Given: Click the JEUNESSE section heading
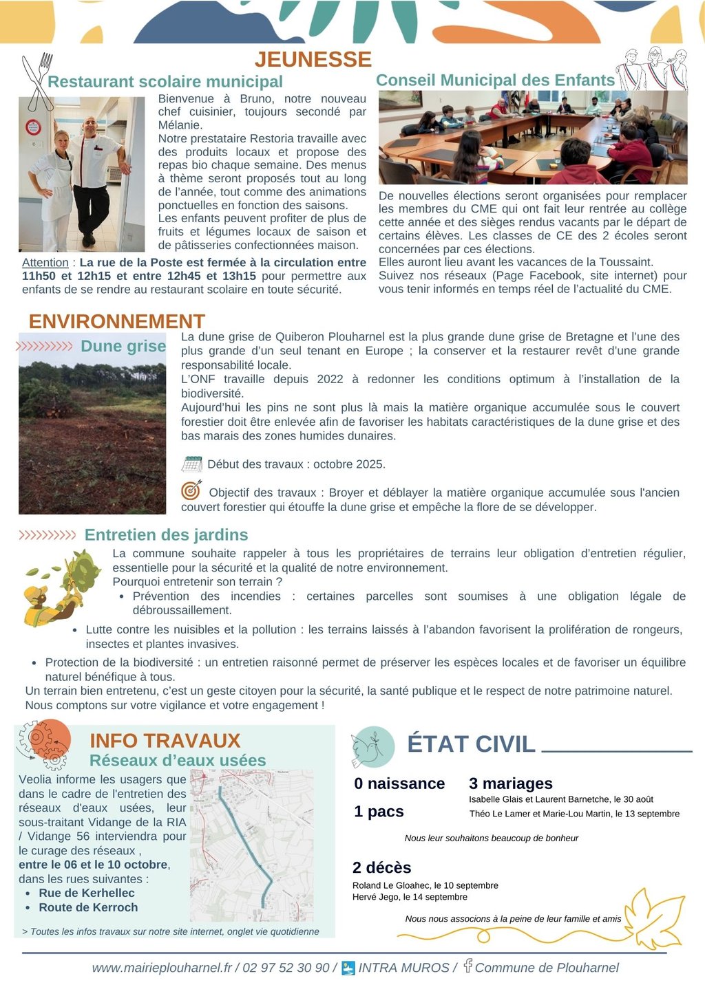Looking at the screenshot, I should click(x=313, y=59).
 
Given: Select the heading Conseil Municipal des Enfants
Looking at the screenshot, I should click(x=495, y=80).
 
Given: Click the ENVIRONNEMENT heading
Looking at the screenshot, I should click(x=117, y=321).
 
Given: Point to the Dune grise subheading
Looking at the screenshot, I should click(x=123, y=346).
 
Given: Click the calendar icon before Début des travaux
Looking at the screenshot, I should click(x=192, y=464).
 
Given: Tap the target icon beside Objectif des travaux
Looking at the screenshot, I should click(x=191, y=490).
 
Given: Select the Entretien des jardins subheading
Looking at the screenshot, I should click(x=166, y=534).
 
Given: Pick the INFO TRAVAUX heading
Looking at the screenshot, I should click(x=165, y=741).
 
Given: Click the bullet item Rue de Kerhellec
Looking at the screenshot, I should click(x=87, y=893).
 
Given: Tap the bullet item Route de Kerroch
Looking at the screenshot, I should click(x=88, y=907).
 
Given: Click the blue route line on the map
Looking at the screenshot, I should click(x=244, y=839).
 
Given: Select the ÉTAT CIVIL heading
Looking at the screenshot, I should click(x=471, y=744).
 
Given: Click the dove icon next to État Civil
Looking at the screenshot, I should click(x=372, y=747).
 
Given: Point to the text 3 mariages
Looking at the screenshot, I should click(x=510, y=783).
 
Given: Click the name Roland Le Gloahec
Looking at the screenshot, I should click(x=391, y=885).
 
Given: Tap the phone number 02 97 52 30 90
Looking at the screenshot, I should click(x=286, y=968).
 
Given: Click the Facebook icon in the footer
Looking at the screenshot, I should click(x=467, y=966).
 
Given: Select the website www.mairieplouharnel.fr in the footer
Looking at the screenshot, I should click(x=162, y=968).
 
